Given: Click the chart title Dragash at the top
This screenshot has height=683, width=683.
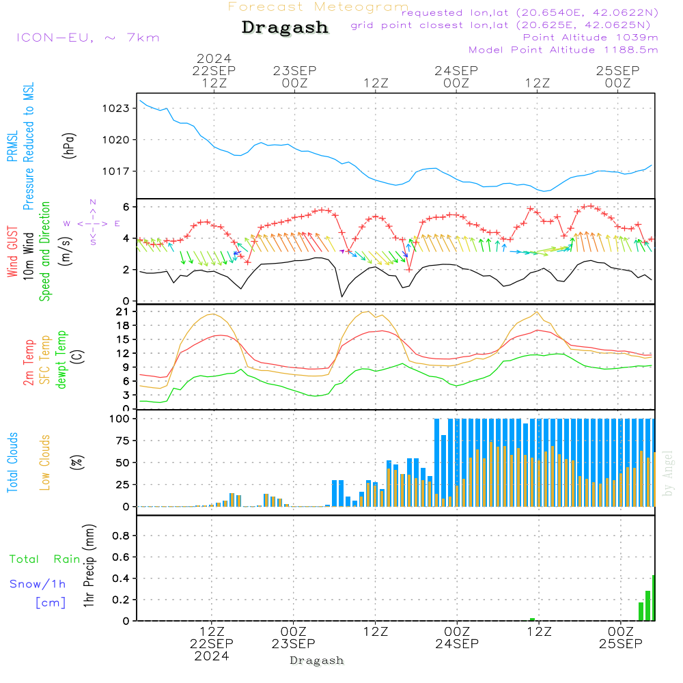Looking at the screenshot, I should (x=285, y=28).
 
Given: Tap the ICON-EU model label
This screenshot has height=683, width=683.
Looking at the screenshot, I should (x=87, y=38).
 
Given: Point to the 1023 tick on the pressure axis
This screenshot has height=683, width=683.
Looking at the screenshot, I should (x=116, y=108).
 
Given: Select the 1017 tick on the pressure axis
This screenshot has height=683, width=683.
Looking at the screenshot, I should (x=116, y=171).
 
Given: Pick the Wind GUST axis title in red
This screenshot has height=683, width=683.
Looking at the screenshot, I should (x=12, y=253).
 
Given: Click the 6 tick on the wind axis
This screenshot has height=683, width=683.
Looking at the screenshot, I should (x=126, y=206).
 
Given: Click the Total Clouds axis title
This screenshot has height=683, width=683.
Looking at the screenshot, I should (x=12, y=462).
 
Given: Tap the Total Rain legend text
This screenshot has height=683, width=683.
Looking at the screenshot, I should (x=44, y=559).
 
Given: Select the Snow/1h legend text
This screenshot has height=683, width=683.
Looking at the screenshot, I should (x=38, y=584).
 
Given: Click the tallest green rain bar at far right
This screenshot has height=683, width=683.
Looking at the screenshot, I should (x=654, y=598).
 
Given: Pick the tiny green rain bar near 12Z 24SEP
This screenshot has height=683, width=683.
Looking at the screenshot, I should (x=532, y=619).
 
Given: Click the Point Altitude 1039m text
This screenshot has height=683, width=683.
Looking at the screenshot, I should (x=590, y=38).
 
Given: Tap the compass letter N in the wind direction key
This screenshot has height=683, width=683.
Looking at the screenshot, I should (x=93, y=202).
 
